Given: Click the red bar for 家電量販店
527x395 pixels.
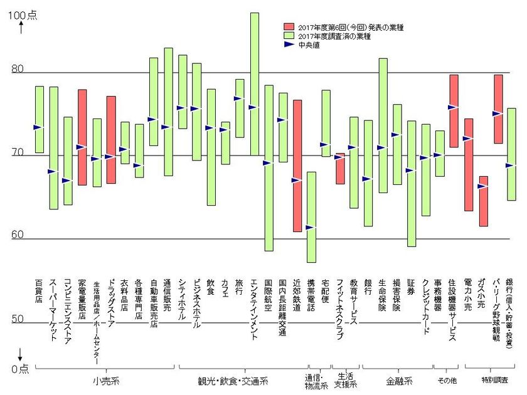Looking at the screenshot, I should [82, 137].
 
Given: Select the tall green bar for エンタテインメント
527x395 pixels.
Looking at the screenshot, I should [254, 83].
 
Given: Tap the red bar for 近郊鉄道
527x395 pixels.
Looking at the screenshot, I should [297, 166].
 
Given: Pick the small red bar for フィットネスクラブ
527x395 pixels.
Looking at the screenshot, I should [340, 169].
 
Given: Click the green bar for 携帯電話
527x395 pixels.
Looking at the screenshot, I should [311, 217].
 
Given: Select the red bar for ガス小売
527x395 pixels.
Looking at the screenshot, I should [483, 201].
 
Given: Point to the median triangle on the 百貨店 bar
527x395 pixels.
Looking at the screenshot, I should [38, 127].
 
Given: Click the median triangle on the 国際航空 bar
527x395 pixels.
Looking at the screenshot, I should [267, 163].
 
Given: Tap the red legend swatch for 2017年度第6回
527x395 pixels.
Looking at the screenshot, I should [289, 27].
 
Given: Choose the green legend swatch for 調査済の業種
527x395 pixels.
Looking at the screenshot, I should [289, 36].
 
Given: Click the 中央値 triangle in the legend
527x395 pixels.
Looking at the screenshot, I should [289, 45].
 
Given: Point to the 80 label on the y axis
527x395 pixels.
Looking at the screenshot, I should [17, 70].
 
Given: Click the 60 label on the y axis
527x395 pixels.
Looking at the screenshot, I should [17, 235].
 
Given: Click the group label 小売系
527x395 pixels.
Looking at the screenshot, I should [106, 381].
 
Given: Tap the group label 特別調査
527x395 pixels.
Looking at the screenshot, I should [494, 381].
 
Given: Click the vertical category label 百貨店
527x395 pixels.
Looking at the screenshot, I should [39, 292].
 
